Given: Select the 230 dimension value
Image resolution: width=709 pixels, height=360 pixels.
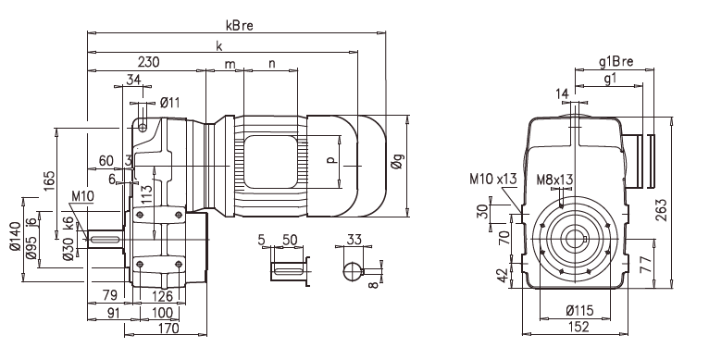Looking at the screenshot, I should click(x=147, y=63).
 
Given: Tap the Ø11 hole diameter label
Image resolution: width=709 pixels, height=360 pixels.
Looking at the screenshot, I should click(x=169, y=102).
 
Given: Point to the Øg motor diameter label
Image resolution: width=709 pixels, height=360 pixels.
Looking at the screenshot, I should click(x=397, y=167).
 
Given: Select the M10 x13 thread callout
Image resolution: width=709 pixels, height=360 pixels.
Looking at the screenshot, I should click(x=494, y=178).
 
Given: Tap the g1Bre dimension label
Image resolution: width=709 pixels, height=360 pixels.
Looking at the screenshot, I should click(x=616, y=63).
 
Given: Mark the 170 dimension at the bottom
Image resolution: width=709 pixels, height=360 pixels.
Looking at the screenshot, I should click(x=168, y=327).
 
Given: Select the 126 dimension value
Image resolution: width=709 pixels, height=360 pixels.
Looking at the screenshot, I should click(x=162, y=296).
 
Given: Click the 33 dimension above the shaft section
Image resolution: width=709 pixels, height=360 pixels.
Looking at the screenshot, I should click(x=353, y=239).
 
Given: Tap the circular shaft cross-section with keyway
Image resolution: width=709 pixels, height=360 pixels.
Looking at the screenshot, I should click(x=353, y=272).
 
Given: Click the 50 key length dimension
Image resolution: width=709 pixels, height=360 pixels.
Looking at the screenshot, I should click(x=289, y=239).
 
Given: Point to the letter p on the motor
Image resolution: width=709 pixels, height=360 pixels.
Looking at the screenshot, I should click(x=332, y=158).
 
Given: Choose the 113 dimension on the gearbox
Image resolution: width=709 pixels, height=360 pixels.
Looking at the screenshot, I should click(x=145, y=195).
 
